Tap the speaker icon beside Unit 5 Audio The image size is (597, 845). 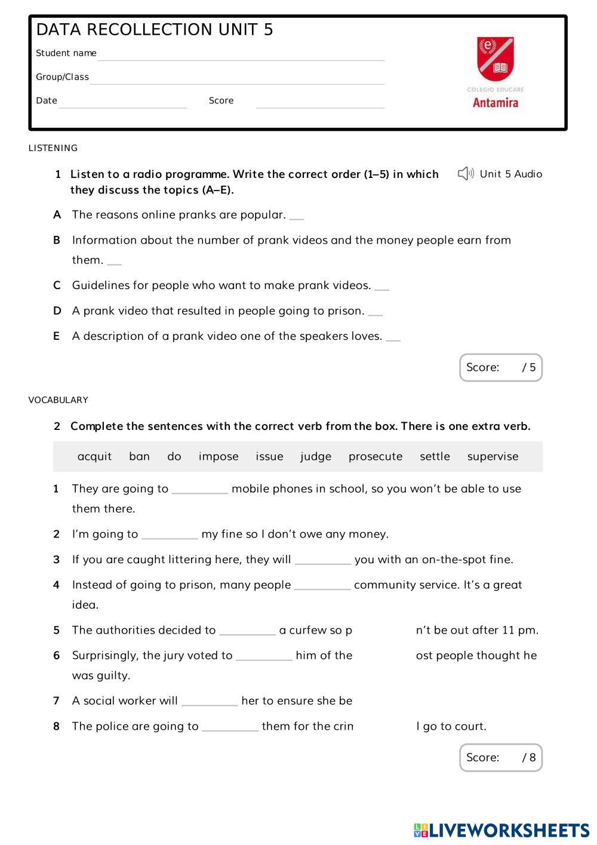click(x=466, y=174)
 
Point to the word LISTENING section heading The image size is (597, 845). click(x=53, y=148)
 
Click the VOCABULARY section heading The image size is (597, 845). click(x=58, y=400)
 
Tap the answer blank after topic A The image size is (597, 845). click(x=297, y=217)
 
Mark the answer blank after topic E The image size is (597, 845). click(x=393, y=338)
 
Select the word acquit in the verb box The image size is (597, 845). click(x=94, y=456)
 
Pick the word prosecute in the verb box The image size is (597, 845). click(x=375, y=456)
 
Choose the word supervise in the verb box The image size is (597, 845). click(x=493, y=456)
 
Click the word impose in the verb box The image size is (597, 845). click(x=219, y=456)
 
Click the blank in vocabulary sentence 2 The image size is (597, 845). click(x=170, y=536)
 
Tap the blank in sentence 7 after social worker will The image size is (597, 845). click(x=210, y=702)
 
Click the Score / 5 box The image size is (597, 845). click(x=500, y=367)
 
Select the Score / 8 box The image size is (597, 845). click(x=500, y=757)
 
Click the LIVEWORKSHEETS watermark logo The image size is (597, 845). click(x=501, y=830)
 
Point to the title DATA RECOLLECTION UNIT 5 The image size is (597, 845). click(x=155, y=30)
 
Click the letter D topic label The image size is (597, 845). click(x=57, y=311)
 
